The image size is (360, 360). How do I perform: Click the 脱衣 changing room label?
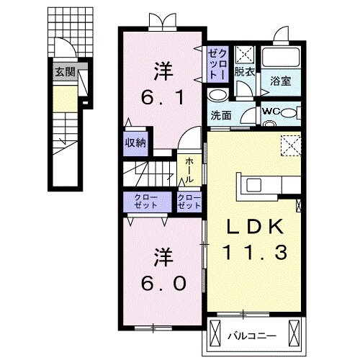click(244, 73)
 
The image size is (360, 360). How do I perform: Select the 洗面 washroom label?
click(220, 115)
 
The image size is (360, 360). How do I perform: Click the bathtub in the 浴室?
click(282, 57)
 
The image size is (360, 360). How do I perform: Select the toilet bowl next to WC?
click(289, 112)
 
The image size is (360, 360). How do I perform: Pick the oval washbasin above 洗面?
click(216, 96)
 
